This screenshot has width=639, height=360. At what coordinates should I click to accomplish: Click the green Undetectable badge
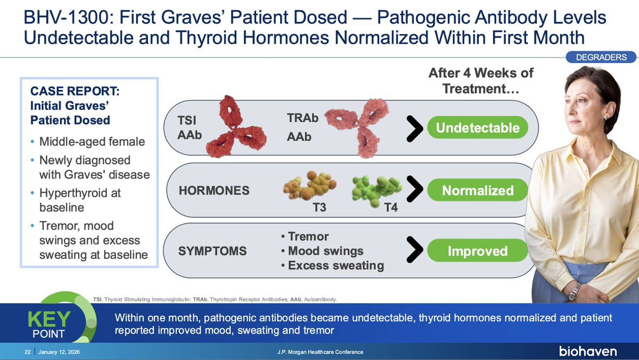point(478,128)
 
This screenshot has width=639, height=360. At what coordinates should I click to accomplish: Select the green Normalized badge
point(478,190)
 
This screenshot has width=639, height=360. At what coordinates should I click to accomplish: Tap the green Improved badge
point(478,251)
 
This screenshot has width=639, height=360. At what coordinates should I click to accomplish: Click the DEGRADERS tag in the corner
point(602,57)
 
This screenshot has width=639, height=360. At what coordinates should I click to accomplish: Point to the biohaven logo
point(588,351)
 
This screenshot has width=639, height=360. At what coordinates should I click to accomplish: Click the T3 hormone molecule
point(309,186)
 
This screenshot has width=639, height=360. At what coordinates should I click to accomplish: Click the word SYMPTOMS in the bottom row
point(212,251)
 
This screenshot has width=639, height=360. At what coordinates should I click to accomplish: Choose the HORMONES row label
point(214,191)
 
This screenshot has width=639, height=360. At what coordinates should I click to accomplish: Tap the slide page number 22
point(27,352)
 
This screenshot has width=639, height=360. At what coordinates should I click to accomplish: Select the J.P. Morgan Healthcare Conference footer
point(321,352)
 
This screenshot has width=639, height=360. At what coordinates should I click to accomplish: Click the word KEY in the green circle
point(48,320)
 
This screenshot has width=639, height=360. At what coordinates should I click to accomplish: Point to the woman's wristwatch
point(573,292)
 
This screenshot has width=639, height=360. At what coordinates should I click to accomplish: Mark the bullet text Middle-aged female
point(92,142)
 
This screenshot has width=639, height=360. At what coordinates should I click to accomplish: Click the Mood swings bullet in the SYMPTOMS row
point(325,251)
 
